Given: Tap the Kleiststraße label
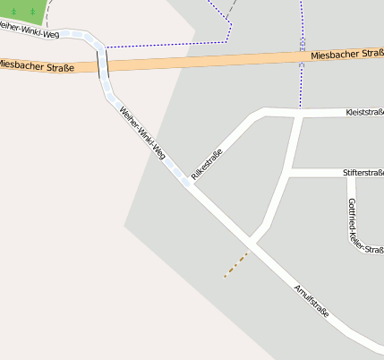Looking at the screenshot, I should [363, 113].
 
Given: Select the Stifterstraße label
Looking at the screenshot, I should [363, 172].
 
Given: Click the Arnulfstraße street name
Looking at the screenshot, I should [311, 301].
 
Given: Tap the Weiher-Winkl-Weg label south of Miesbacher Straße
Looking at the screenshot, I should [143, 133].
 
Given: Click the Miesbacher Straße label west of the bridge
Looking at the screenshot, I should [36, 64].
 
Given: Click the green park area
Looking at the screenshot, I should [20, 11].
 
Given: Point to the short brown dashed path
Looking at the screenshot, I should [235, 264].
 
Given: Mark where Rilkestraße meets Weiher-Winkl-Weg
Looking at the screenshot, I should [187, 182].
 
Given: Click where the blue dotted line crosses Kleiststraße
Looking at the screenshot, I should [302, 112].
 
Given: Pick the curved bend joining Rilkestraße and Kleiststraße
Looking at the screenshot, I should [260, 113].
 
